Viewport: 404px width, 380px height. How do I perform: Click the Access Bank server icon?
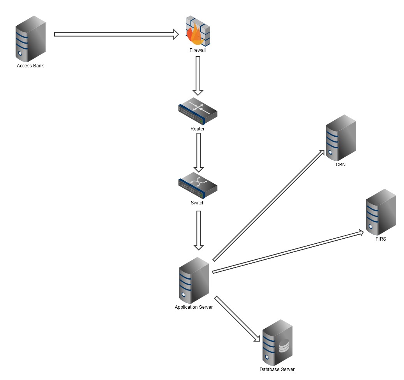click(x=30, y=39)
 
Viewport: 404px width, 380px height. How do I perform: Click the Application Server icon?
click(x=194, y=280)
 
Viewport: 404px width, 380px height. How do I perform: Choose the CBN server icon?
click(x=340, y=138)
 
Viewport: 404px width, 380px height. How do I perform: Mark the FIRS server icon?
click(x=381, y=212)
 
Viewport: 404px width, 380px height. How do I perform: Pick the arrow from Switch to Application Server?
click(x=199, y=230)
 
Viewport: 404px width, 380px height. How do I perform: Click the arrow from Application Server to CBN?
click(x=269, y=205)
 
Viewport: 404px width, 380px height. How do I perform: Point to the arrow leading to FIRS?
click(x=288, y=252)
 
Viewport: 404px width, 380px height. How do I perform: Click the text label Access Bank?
click(x=30, y=66)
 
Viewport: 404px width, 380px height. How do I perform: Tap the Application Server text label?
click(x=194, y=307)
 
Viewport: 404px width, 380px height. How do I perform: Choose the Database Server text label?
click(x=277, y=369)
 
